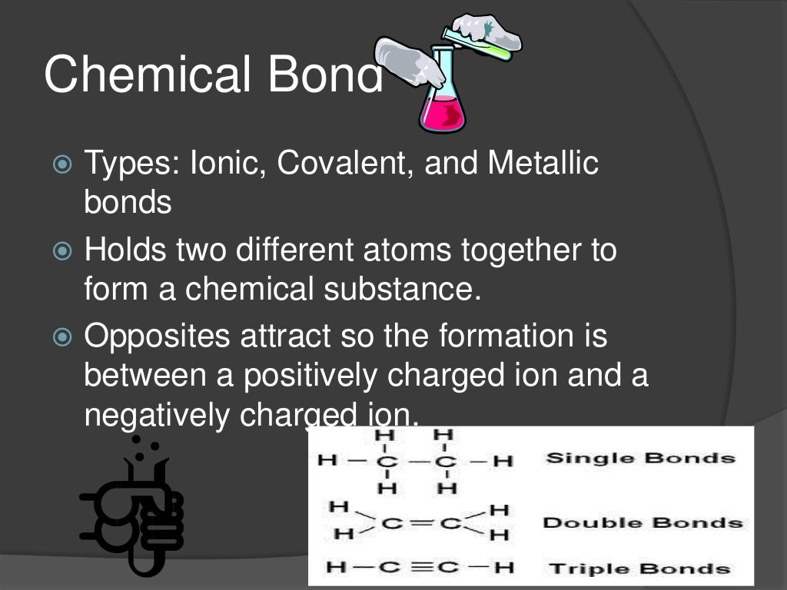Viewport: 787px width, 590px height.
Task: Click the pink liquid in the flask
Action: pos(442,114)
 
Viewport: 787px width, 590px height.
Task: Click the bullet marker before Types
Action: pos(62,164)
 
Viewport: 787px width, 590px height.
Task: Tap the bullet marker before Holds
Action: pos(62,250)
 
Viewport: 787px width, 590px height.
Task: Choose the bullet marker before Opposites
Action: pos(62,336)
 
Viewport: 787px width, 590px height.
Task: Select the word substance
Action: pos(403,290)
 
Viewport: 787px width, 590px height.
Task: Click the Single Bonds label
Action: pos(640,459)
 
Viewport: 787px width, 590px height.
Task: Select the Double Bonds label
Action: pos(643,523)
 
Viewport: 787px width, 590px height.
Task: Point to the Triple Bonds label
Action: pos(639,568)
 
